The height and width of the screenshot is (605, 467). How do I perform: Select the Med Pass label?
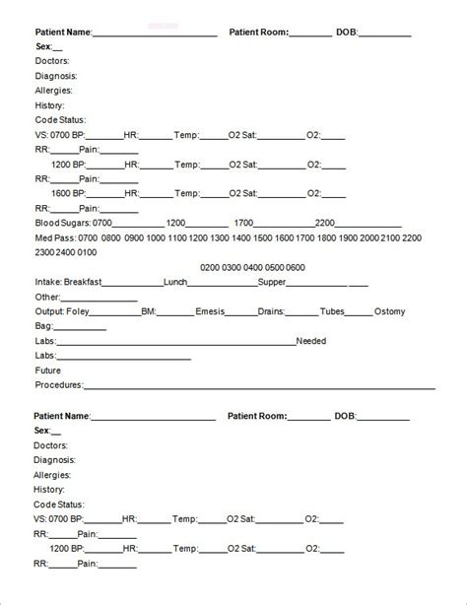[54, 238]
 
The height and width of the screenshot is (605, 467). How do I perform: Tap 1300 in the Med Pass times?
[221, 238]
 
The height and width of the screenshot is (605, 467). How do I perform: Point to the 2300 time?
[45, 253]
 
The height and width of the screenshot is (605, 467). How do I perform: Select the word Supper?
[271, 282]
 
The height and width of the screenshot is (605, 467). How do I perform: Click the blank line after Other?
[100, 298]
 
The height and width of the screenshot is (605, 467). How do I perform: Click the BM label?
[148, 311]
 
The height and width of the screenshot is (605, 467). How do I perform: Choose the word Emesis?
[209, 311]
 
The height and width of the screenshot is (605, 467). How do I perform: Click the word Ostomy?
[389, 311]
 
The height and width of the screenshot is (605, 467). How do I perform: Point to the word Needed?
[314, 342]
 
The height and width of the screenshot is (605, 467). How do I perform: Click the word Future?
[48, 370]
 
